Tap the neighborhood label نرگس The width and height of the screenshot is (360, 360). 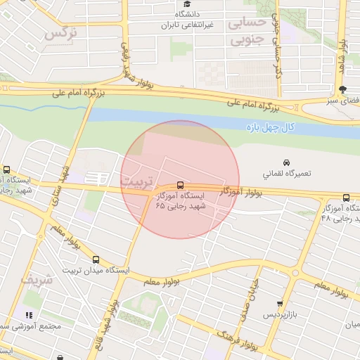(x=60, y=33)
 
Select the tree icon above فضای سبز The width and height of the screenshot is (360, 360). (x=342, y=89)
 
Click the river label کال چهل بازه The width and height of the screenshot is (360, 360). (x=268, y=127)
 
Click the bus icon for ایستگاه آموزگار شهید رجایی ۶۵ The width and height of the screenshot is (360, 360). (x=180, y=185)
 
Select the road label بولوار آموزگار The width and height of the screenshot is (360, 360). (x=240, y=191)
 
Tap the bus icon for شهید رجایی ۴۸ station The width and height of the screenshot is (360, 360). (x=345, y=198)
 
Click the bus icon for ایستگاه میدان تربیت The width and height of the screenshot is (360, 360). (x=96, y=259)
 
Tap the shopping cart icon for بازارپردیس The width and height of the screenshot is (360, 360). (x=280, y=303)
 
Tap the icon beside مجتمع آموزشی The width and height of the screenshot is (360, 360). (x=29, y=316)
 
